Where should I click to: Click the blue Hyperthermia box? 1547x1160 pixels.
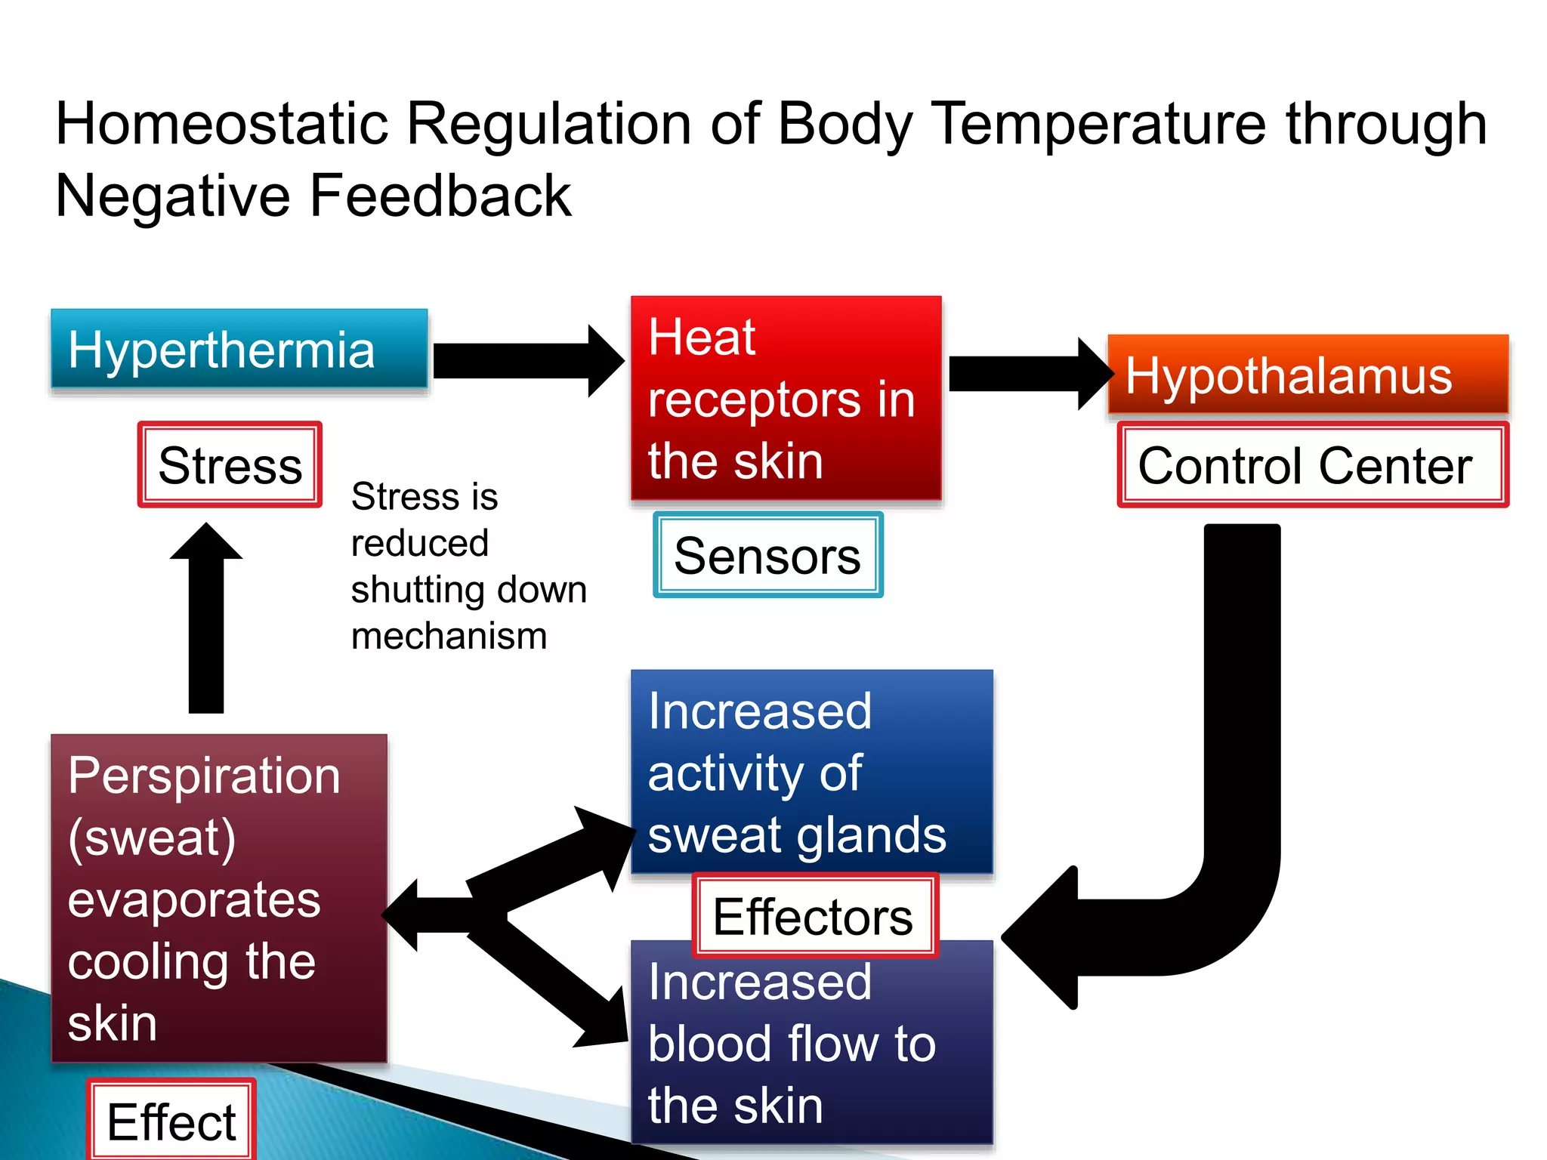point(239,349)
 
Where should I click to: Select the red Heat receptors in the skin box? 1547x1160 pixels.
point(786,398)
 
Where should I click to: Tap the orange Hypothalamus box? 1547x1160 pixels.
point(1307,375)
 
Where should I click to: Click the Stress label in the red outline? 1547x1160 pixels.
point(230,464)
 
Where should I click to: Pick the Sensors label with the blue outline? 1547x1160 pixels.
point(767,556)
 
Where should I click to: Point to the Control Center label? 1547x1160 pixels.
point(1311,465)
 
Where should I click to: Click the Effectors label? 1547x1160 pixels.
point(814,916)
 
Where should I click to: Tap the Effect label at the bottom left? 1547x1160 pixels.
point(171,1121)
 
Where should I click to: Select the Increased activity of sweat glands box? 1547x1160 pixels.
point(811,772)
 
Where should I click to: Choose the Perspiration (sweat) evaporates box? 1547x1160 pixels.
point(219,899)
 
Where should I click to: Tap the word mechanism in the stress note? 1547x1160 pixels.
point(449,636)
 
